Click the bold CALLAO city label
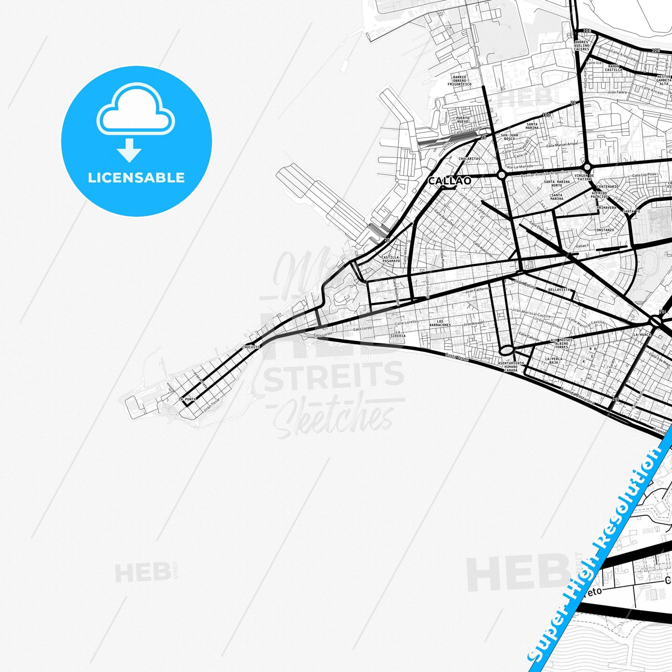(x=449, y=180)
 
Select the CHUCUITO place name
(x=251, y=347)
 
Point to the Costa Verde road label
(x=456, y=357)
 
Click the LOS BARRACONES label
(x=439, y=323)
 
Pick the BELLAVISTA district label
(x=559, y=289)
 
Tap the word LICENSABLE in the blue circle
(x=136, y=177)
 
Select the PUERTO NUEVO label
(x=463, y=120)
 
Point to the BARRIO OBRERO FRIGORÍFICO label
(x=459, y=80)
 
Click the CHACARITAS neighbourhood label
(x=469, y=159)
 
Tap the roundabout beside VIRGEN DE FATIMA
(x=587, y=167)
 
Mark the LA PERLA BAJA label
(x=553, y=360)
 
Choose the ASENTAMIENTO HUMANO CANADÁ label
(x=511, y=366)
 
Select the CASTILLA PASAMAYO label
(x=391, y=259)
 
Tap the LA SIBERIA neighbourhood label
(x=398, y=334)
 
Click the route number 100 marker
(x=546, y=115)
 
